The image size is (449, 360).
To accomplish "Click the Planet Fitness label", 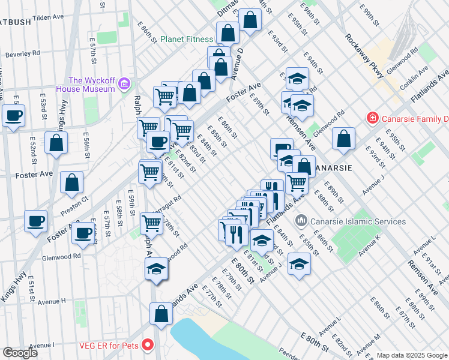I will pos(186,40).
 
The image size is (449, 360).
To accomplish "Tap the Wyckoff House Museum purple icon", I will pos(124,82).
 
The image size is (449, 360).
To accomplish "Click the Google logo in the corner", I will pos(20,353).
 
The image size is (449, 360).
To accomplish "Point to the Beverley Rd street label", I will pos(22,53).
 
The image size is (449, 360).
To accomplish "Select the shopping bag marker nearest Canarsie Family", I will pos(343,138).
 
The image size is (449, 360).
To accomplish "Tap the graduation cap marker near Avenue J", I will pos(299,263).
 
